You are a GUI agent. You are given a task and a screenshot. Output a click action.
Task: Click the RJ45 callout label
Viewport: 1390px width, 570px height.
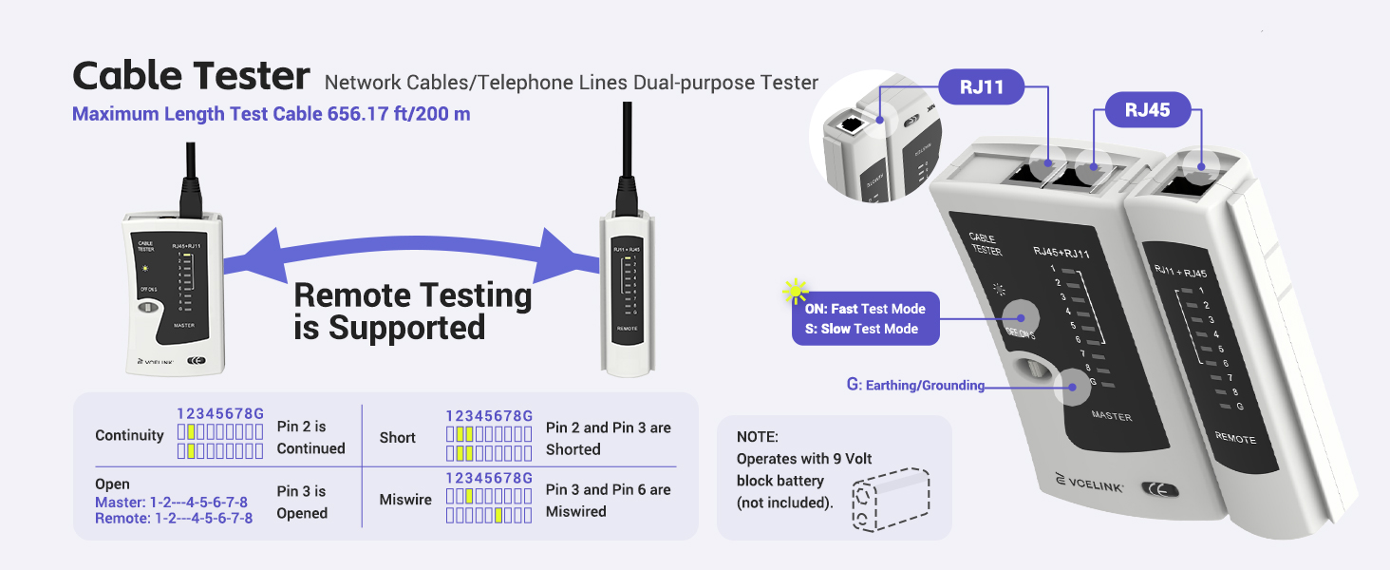click(1147, 110)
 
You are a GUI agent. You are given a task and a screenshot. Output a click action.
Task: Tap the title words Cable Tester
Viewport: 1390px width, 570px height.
click(191, 76)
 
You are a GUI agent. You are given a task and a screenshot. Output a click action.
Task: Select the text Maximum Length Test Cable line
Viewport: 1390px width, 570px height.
click(271, 114)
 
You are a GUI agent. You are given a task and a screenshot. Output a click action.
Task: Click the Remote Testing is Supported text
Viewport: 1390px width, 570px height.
click(412, 311)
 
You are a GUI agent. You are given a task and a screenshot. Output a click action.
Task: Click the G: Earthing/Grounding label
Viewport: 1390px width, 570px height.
click(914, 386)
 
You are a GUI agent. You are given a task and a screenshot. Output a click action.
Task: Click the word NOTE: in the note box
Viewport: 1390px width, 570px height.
click(757, 437)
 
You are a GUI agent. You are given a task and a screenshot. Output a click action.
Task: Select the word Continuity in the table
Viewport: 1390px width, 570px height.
click(129, 435)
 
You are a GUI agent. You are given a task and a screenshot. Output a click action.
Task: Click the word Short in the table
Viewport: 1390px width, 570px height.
click(397, 437)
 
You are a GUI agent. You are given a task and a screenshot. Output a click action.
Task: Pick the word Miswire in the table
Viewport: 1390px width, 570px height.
click(404, 500)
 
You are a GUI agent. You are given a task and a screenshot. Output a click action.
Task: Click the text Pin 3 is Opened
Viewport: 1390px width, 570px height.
click(302, 502)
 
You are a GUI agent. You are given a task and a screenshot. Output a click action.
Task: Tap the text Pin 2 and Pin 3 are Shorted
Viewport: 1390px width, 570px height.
click(608, 438)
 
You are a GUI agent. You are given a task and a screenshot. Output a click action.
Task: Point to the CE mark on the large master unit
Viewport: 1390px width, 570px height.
click(1160, 490)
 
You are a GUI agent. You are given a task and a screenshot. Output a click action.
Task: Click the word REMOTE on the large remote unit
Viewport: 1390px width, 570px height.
click(1235, 439)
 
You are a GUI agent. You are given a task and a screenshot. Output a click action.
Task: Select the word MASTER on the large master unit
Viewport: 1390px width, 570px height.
click(1111, 416)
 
